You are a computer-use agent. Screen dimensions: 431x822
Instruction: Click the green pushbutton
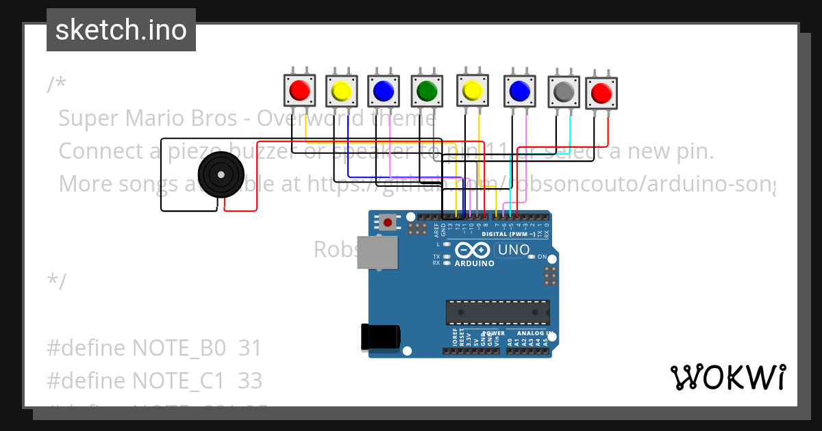click(x=427, y=90)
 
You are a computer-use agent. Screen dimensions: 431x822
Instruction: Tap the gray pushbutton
click(x=564, y=91)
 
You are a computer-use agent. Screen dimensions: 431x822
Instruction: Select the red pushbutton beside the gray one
click(x=601, y=92)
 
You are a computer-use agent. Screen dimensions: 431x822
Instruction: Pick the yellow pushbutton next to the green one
click(x=473, y=90)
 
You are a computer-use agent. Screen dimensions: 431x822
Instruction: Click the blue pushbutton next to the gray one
click(x=519, y=90)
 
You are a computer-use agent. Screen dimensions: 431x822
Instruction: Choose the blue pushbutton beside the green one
click(x=384, y=90)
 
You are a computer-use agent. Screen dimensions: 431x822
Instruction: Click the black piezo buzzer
click(x=221, y=176)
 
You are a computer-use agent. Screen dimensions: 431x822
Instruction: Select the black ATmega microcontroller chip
click(x=497, y=312)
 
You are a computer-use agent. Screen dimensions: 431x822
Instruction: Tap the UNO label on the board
click(x=513, y=250)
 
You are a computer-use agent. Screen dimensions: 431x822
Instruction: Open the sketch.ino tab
click(x=121, y=30)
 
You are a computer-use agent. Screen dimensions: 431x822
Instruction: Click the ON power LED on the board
click(x=532, y=257)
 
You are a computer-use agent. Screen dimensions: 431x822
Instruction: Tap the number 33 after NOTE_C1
click(x=250, y=380)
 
